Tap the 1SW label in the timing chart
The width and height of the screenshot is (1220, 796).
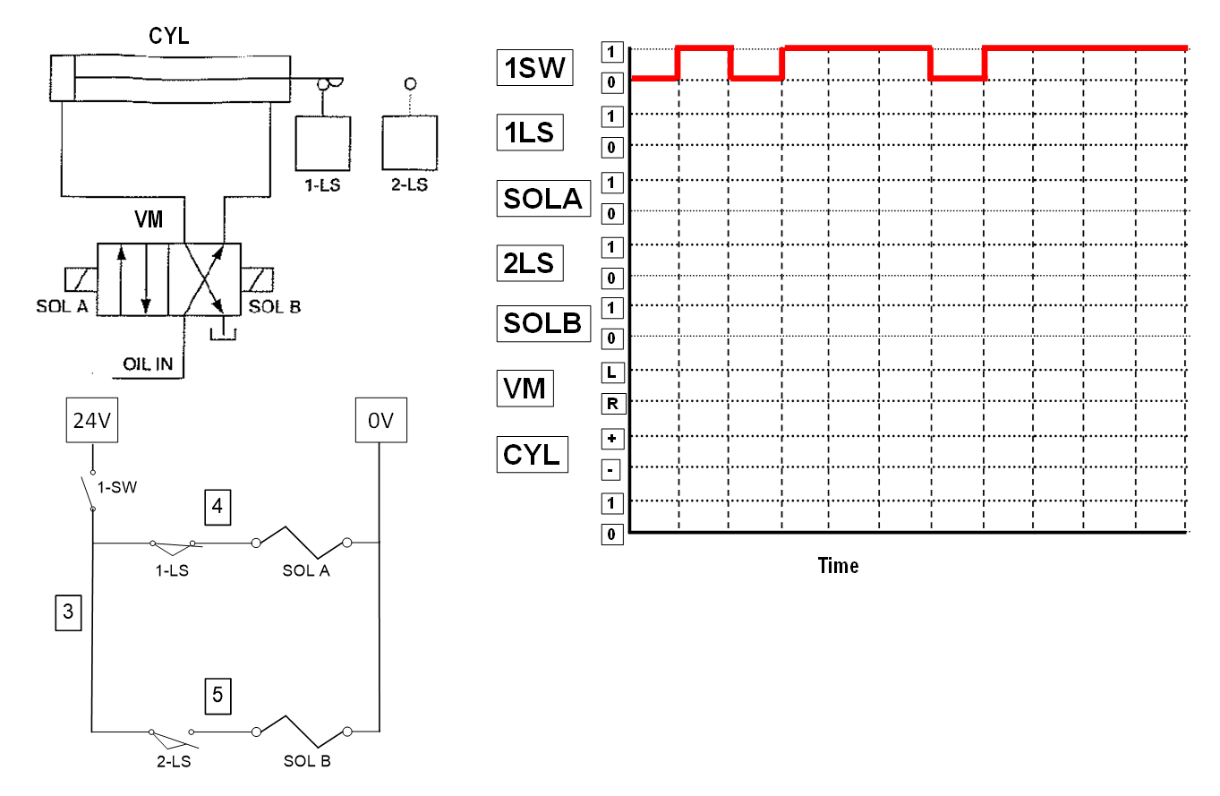[x=534, y=68]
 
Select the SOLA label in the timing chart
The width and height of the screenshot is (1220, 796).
[x=543, y=199]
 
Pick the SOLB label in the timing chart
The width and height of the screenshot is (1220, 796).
[x=543, y=323]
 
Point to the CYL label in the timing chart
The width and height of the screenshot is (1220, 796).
[x=532, y=454]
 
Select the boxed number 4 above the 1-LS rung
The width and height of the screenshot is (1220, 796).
[x=218, y=507]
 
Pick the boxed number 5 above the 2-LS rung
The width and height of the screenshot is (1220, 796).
[x=218, y=695]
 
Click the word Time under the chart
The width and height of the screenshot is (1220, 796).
[x=838, y=566]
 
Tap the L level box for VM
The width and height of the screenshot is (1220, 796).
[x=612, y=371]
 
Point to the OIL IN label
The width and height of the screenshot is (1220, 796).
[x=148, y=364]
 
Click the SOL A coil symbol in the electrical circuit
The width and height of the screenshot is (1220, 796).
[x=302, y=540]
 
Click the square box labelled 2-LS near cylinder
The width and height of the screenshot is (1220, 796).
[x=410, y=142]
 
